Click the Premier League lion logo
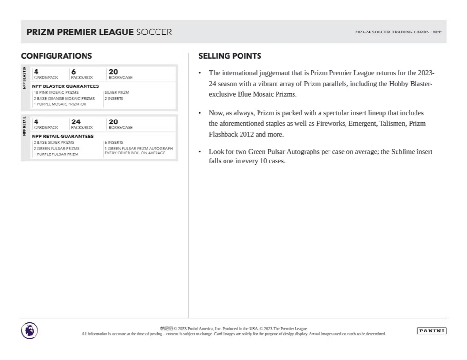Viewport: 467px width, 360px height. (29, 331)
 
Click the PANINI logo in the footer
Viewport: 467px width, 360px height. (432, 331)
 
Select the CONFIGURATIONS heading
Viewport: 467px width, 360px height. (56, 56)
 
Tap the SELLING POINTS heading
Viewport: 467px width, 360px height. (230, 56)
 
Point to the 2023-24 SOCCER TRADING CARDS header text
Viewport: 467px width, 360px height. (398, 32)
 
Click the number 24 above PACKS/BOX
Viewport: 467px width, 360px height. (76, 122)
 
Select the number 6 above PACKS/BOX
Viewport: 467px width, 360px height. (73, 72)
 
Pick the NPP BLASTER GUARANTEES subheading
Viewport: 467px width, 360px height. (65, 86)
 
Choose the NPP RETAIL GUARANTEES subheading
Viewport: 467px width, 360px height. (63, 136)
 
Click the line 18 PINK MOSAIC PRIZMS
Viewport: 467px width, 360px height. (56, 92)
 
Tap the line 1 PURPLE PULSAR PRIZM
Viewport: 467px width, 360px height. (56, 154)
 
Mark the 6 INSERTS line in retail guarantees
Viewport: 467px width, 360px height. (114, 143)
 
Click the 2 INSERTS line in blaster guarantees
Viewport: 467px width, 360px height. (114, 99)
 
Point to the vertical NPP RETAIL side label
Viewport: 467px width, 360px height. (24, 125)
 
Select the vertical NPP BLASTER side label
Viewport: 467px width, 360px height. (24, 77)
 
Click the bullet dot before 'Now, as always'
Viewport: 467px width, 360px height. (200, 113)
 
